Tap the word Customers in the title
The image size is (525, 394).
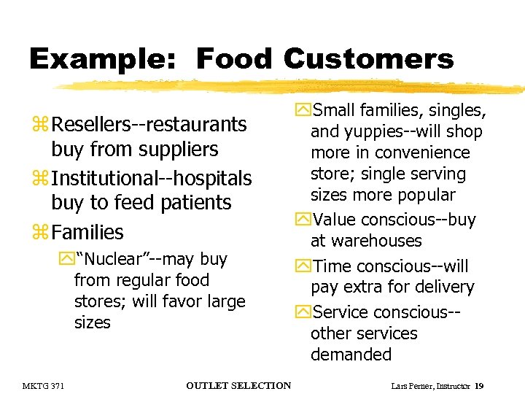pyautogui.click(x=368, y=58)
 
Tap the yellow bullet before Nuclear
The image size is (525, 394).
pyautogui.click(x=68, y=260)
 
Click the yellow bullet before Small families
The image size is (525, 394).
pyautogui.click(x=303, y=111)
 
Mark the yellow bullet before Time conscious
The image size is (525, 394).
pyautogui.click(x=303, y=267)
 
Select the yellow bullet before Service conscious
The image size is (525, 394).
pyautogui.click(x=303, y=313)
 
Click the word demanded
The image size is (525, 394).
pyautogui.click(x=351, y=355)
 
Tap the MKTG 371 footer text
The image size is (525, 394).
pyautogui.click(x=43, y=385)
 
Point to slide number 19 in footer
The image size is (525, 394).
pyautogui.click(x=479, y=385)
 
